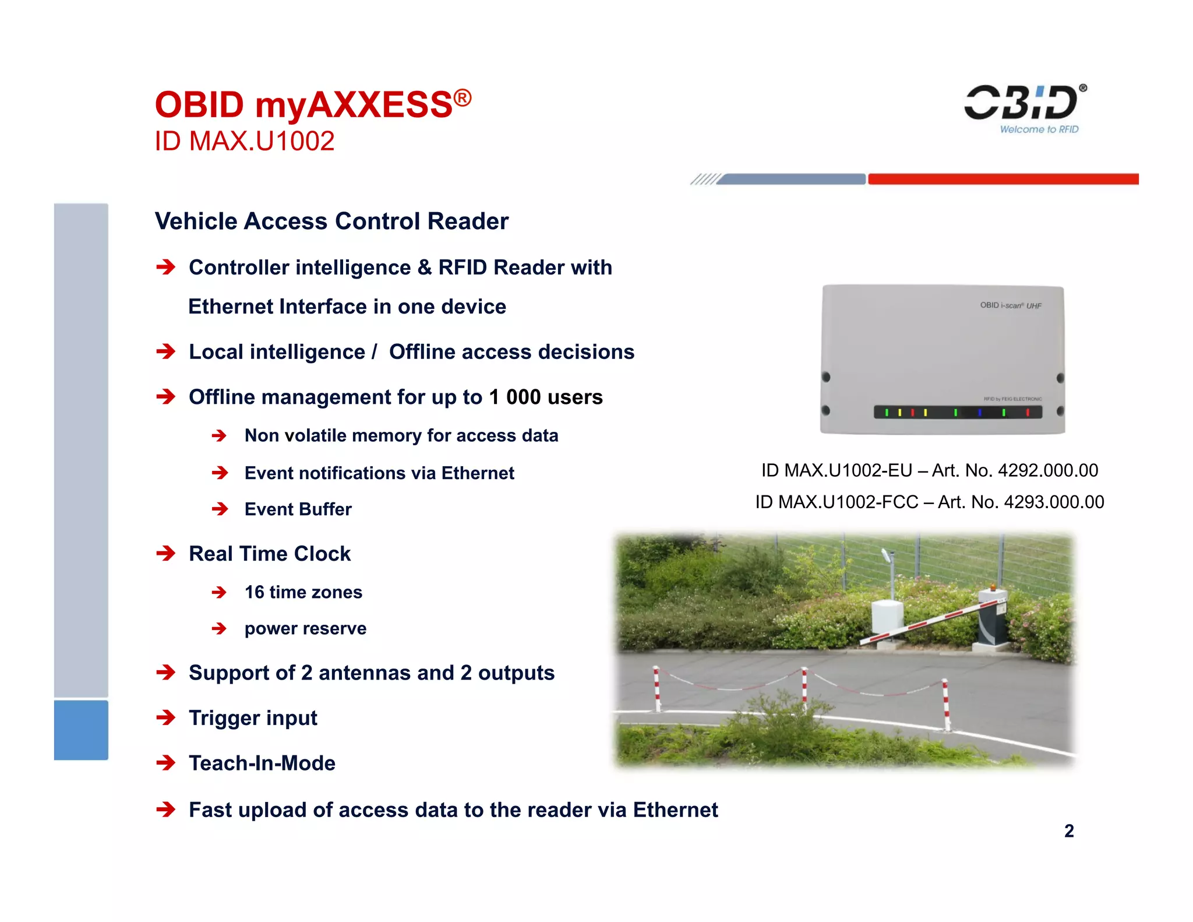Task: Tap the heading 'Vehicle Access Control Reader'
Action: (331, 221)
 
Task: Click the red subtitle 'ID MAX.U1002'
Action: (245, 141)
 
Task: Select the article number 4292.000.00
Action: (1048, 470)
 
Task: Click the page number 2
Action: (1069, 830)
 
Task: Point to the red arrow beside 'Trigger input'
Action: (166, 717)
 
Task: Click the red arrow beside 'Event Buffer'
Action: (220, 509)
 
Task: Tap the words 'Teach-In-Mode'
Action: (262, 763)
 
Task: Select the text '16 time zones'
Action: (303, 592)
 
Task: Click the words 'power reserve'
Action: (305, 628)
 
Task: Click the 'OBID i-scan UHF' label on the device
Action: (1011, 305)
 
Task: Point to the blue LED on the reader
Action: (980, 413)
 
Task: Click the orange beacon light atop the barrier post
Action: (993, 586)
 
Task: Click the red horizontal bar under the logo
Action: (1003, 179)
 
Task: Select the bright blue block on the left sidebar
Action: (81, 730)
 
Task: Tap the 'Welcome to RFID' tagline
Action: (1039, 129)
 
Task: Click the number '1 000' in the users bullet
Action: (515, 397)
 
